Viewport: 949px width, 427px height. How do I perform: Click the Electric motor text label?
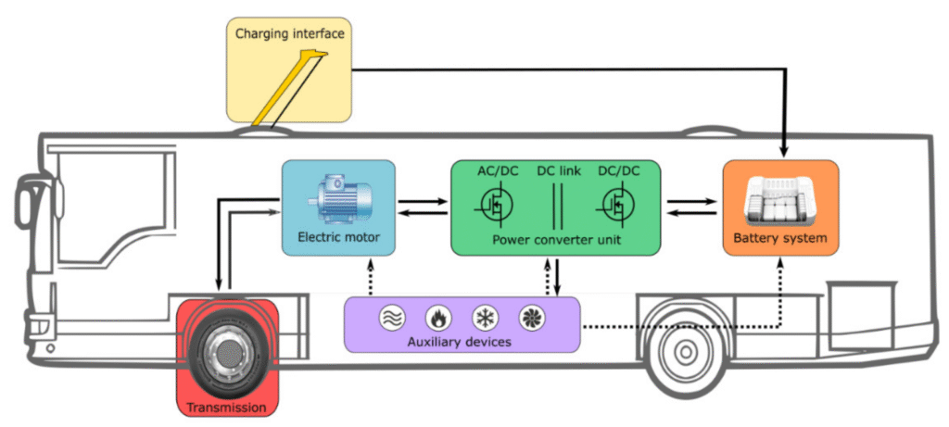(338, 238)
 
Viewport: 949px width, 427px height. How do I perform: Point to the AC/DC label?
(500, 172)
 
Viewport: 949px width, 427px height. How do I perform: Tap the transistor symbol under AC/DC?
(497, 205)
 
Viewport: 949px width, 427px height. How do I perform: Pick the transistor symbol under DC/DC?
(615, 205)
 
